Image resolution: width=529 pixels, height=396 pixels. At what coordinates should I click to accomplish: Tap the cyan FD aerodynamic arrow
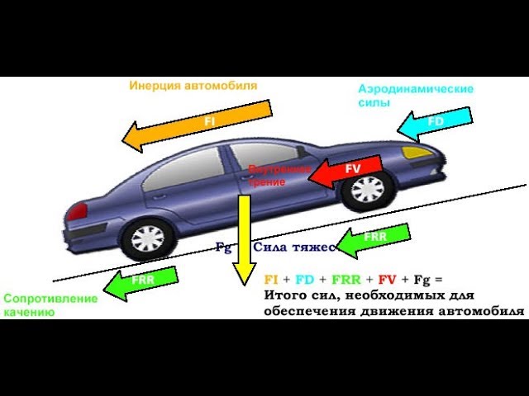[x=434, y=121]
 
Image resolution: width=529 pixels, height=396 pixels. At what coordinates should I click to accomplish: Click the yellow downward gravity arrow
[x=243, y=239]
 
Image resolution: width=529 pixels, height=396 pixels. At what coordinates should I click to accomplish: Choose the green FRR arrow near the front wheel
[x=372, y=238]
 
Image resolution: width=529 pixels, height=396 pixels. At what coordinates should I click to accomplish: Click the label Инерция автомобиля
[x=193, y=85]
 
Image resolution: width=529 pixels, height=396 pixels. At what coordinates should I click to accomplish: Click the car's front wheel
[x=367, y=188]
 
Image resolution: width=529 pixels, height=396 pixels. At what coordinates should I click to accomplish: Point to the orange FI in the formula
[x=271, y=280]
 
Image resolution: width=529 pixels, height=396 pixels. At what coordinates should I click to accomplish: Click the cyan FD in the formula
[x=304, y=280]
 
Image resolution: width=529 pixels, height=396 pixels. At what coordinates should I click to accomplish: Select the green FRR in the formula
[x=341, y=280]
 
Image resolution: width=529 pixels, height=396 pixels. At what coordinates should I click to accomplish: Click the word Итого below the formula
[x=284, y=295]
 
